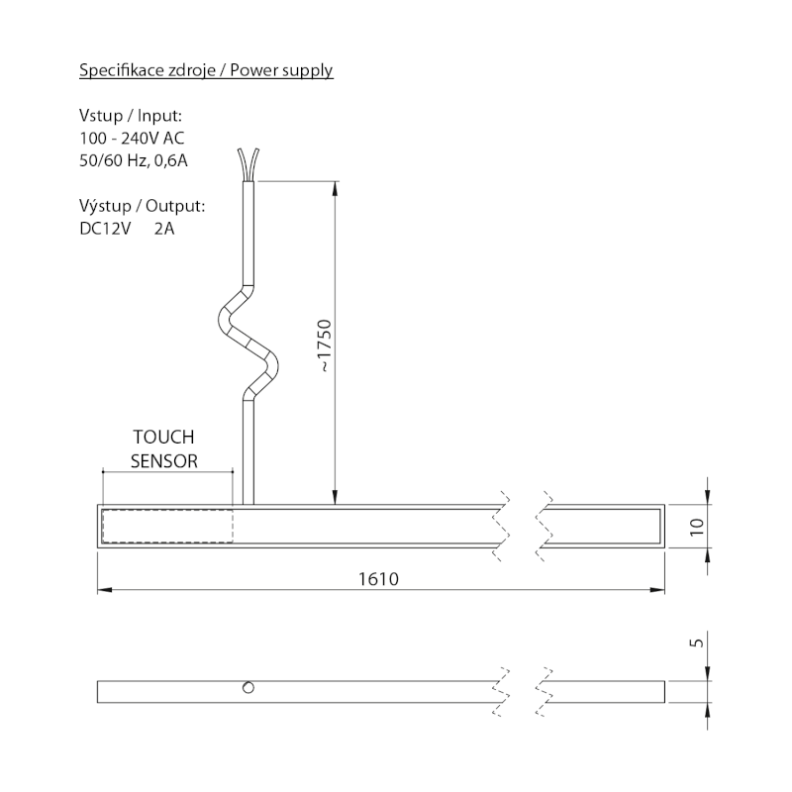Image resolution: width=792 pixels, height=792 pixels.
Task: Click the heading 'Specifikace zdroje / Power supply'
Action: pyautogui.click(x=205, y=70)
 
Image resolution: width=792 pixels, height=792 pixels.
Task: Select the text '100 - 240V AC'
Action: pyautogui.click(x=131, y=138)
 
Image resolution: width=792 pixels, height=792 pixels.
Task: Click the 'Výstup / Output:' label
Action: pyautogui.click(x=142, y=207)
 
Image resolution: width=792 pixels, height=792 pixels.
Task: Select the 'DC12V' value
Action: pyautogui.click(x=105, y=229)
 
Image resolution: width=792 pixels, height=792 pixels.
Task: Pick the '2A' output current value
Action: pyautogui.click(x=165, y=229)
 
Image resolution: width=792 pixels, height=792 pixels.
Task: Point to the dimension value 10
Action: pyautogui.click(x=696, y=525)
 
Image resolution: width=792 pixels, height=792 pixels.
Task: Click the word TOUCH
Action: pyautogui.click(x=164, y=437)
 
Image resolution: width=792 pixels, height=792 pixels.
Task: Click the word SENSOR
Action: pyautogui.click(x=164, y=460)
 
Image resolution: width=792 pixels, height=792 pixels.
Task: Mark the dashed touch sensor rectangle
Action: pyautogui.click(x=167, y=526)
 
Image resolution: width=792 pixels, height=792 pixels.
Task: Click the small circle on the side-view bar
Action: pyautogui.click(x=248, y=688)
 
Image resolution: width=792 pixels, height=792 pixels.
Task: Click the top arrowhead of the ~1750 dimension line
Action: pyautogui.click(x=337, y=189)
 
